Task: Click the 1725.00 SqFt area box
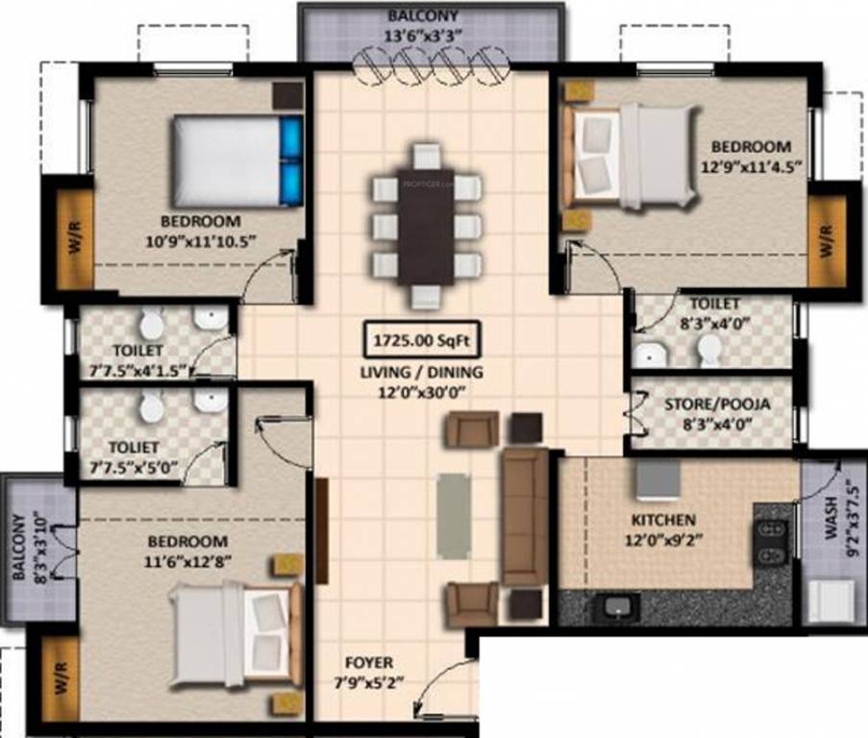(420, 339)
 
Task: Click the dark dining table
(426, 226)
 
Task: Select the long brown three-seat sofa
(525, 515)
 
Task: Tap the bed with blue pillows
(236, 160)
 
